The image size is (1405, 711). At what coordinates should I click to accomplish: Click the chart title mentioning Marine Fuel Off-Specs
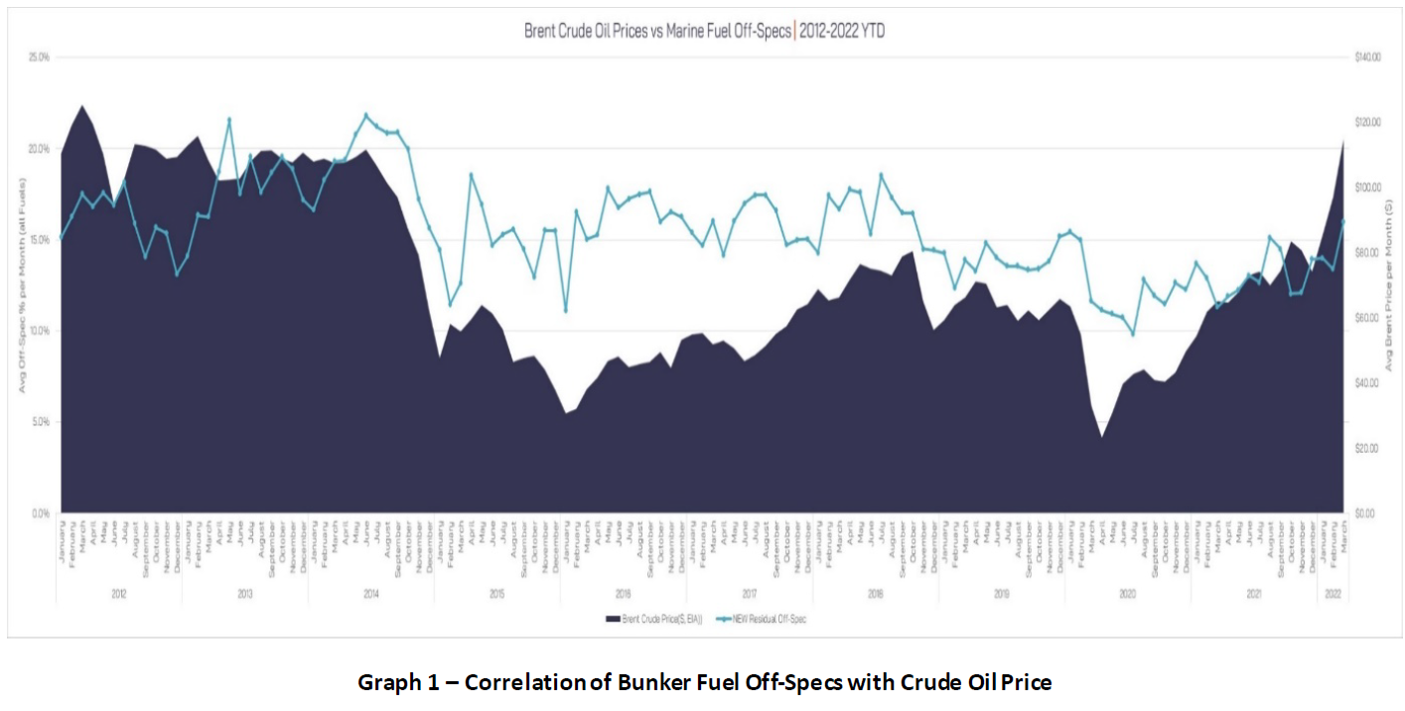pyautogui.click(x=704, y=32)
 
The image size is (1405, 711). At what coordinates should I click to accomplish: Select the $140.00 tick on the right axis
pyautogui.click(x=1368, y=58)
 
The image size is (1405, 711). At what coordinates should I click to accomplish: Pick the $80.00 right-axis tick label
pyautogui.click(x=1367, y=253)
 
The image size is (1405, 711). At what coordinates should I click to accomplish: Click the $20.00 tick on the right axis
pyautogui.click(x=1367, y=449)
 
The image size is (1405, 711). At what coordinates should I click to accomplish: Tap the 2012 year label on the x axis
pyautogui.click(x=118, y=593)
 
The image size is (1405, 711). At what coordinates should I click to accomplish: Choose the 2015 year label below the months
pyautogui.click(x=496, y=593)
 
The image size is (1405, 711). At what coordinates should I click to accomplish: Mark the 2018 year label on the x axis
pyautogui.click(x=875, y=593)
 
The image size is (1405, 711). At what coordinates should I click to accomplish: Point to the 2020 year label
pyautogui.click(x=1127, y=593)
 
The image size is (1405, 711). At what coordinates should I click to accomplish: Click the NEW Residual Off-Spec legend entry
pyautogui.click(x=771, y=619)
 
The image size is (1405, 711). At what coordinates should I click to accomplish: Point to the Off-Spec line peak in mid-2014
pyautogui.click(x=364, y=115)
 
